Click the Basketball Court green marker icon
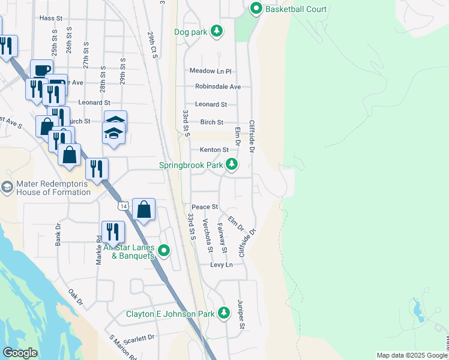coord(256,8)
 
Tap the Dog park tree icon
coord(217,31)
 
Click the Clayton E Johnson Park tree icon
coord(224,313)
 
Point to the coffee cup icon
coord(41,70)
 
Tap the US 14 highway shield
coord(122,206)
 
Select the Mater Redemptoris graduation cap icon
coord(7,187)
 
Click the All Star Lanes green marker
coord(163,251)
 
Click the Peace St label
coord(205,207)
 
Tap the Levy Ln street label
coord(221,265)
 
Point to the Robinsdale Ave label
coord(218,86)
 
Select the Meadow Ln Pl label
coord(211,71)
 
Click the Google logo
coord(20,353)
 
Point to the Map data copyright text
coord(412,355)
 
